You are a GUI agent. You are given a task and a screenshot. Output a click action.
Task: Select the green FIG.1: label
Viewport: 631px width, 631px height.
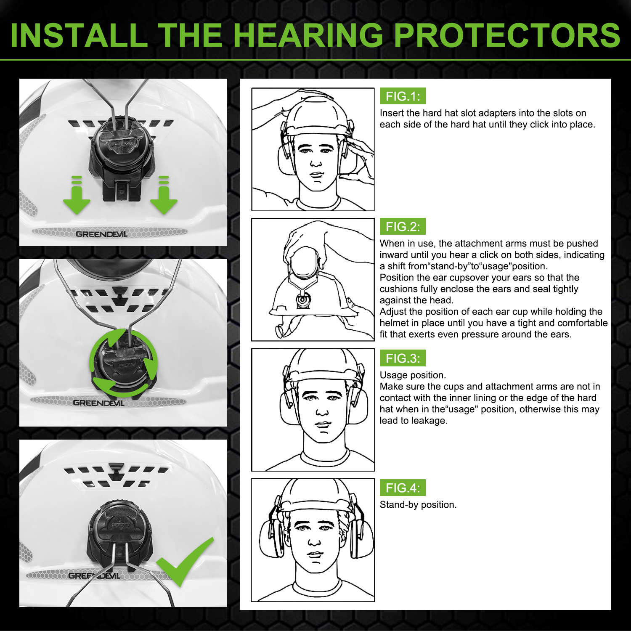pos(403,96)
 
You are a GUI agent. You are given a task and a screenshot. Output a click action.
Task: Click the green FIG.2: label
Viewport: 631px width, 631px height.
pos(403,227)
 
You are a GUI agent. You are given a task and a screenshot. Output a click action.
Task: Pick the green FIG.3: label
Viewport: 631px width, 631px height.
pos(403,358)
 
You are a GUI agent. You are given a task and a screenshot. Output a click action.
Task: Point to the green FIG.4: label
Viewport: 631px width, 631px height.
pos(403,488)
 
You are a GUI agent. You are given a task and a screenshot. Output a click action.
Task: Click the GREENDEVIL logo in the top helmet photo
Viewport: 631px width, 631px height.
pos(101,234)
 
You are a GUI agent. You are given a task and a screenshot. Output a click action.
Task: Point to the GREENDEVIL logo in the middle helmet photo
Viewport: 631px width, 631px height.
pos(98,403)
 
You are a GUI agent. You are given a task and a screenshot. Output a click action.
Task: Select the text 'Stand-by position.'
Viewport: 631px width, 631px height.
pos(418,505)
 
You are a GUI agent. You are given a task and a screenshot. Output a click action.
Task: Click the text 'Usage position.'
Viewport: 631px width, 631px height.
pos(413,375)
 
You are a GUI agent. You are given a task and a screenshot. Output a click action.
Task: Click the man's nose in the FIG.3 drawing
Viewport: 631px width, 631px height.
pos(322,411)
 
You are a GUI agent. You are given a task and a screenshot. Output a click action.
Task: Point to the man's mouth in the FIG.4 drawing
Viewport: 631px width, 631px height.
pos(315,554)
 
